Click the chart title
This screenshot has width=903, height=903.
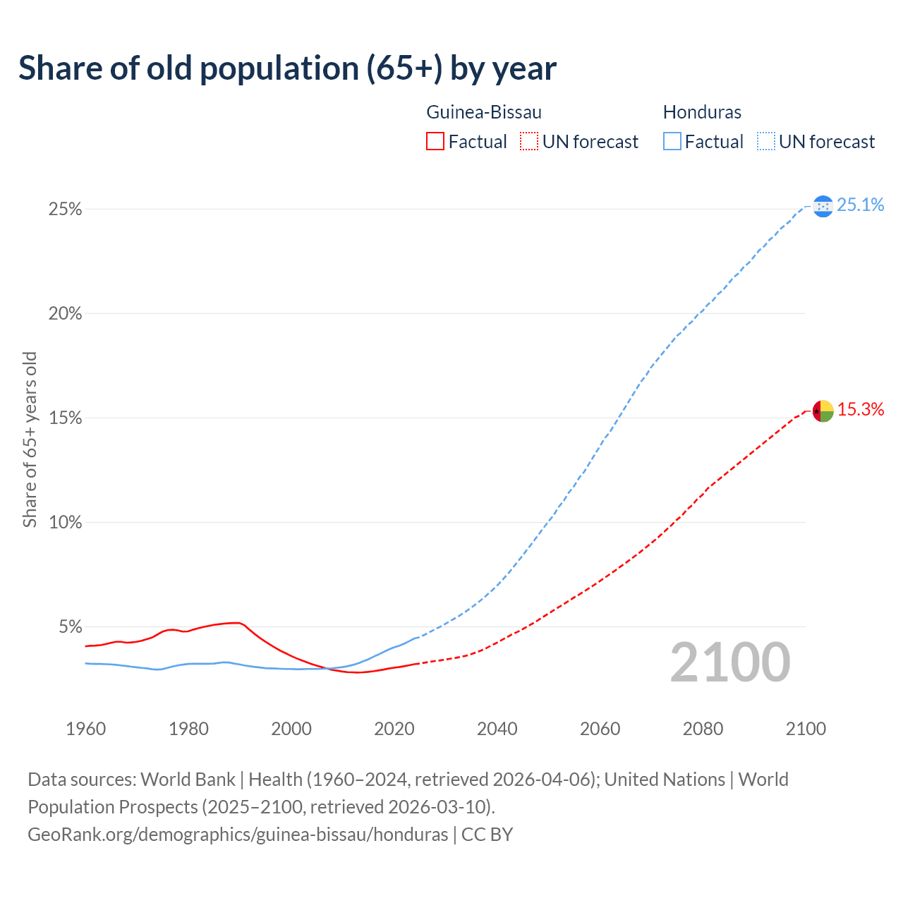tap(287, 68)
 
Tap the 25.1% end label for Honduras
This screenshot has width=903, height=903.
tap(860, 205)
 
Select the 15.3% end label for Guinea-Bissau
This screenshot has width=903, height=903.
tap(860, 409)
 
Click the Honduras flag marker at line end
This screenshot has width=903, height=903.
tap(823, 206)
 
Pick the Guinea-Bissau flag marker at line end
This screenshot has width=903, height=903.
tap(823, 411)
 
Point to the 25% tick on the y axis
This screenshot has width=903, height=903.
tap(66, 210)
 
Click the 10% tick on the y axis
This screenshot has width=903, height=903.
tap(66, 523)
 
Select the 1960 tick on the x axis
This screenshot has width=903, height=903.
tap(85, 729)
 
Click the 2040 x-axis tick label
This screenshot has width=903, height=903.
tap(497, 729)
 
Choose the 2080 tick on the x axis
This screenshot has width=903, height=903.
tap(703, 729)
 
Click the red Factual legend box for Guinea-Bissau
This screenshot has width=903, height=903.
tap(435, 142)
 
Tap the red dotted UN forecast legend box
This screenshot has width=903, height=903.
tap(529, 142)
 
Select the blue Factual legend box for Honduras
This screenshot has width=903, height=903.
tap(672, 142)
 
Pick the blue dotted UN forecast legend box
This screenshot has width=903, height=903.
tap(765, 142)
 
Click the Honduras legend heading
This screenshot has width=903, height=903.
tap(702, 112)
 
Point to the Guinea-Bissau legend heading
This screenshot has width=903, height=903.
tap(484, 112)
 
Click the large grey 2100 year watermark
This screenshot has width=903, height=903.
tap(729, 662)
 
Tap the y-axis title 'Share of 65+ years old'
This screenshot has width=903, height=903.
tap(30, 440)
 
